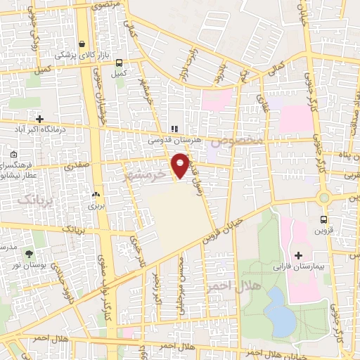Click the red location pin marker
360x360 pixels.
(x=181, y=164)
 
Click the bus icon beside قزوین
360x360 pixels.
(x=323, y=219)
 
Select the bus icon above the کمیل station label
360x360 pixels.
(x=118, y=62)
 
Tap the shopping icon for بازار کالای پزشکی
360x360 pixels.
(x=83, y=43)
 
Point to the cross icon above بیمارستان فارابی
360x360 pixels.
(x=298, y=254)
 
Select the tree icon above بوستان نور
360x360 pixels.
(x=28, y=253)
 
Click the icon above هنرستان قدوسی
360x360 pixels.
(x=173, y=129)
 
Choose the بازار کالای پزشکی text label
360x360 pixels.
(x=82, y=54)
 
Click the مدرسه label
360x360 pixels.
(x=8, y=248)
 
